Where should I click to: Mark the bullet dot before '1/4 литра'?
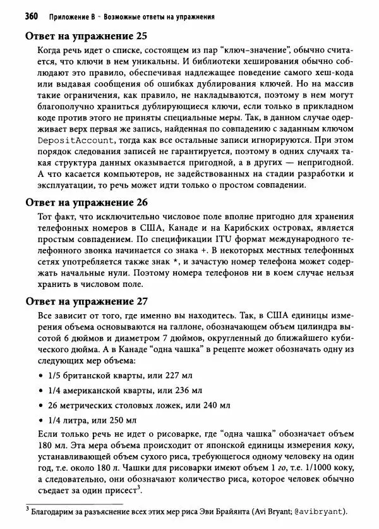[41, 420]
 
